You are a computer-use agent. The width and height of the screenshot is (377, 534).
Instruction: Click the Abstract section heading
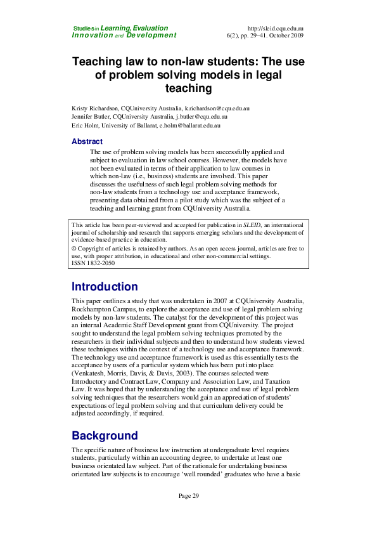(87, 141)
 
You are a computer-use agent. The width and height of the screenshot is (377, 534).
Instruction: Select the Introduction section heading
(105, 287)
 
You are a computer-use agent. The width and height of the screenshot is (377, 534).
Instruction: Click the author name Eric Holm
(84, 126)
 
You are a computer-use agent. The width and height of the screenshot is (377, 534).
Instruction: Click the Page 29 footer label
(188, 495)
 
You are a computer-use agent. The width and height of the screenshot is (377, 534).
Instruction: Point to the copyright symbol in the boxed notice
(74, 249)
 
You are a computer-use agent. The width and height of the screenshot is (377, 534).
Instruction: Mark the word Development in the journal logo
(151, 36)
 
